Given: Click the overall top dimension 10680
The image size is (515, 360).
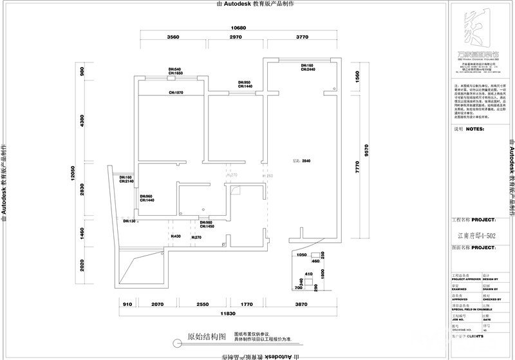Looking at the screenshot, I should (239, 28).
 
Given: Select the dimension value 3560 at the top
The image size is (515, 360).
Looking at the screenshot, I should (173, 38).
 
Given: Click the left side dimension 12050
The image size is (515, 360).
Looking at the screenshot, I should (74, 176).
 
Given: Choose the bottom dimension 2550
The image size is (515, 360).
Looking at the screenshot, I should (203, 303).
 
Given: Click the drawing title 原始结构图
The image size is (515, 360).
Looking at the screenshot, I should (207, 337).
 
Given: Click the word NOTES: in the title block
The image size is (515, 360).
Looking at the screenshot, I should (474, 129).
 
